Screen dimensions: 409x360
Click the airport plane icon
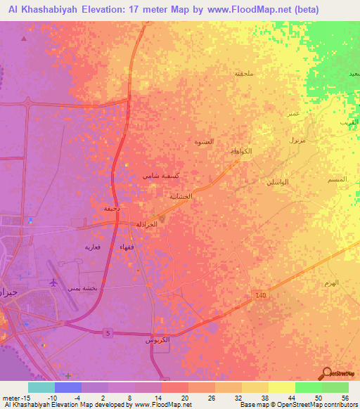click(x=53, y=282)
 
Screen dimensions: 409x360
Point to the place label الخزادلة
click(x=146, y=223)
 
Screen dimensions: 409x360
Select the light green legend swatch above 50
click(x=308, y=387)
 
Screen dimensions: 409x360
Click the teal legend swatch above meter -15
click(x=41, y=387)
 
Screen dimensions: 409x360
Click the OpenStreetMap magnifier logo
click(x=326, y=374)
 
